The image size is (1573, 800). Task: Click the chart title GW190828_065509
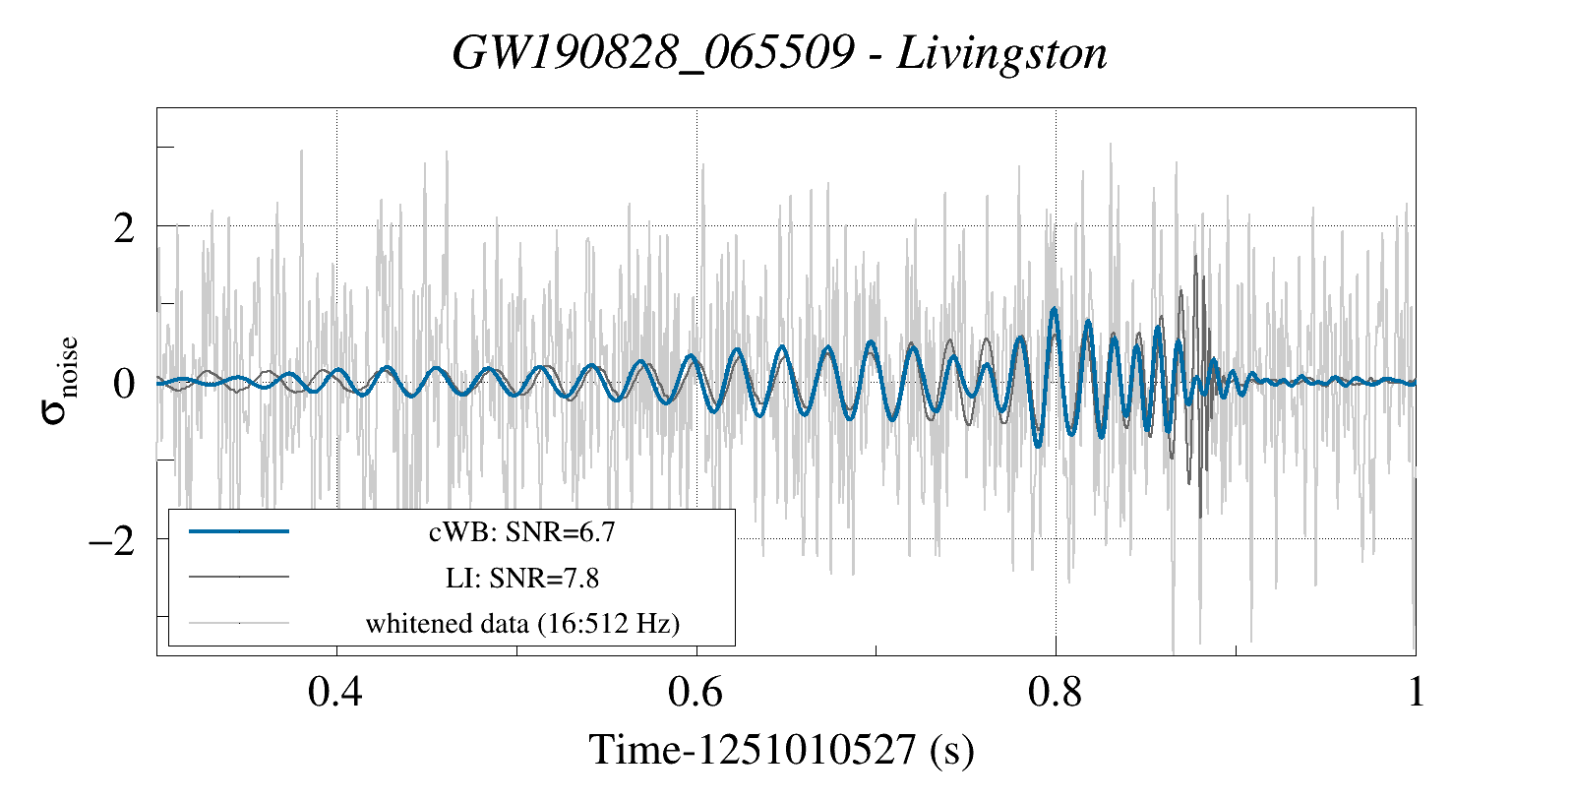pyautogui.click(x=653, y=53)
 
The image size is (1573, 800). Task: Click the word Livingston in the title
pyautogui.click(x=1001, y=53)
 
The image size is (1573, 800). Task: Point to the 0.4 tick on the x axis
pyautogui.click(x=335, y=692)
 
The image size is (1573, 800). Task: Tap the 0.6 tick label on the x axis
pyautogui.click(x=696, y=692)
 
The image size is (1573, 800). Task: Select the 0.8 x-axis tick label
pyautogui.click(x=1055, y=692)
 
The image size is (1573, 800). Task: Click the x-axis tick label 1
pyautogui.click(x=1416, y=692)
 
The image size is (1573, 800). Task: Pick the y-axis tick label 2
pyautogui.click(x=124, y=228)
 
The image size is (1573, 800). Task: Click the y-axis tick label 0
pyautogui.click(x=124, y=384)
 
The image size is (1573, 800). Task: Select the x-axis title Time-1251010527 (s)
pyautogui.click(x=782, y=750)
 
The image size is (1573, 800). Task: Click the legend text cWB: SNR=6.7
pyautogui.click(x=521, y=532)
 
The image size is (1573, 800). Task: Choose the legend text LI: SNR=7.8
pyautogui.click(x=521, y=578)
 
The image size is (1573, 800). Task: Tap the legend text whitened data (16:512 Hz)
pyautogui.click(x=521, y=623)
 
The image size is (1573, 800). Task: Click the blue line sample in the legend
pyautogui.click(x=239, y=531)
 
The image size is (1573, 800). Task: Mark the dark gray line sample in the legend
pyautogui.click(x=239, y=577)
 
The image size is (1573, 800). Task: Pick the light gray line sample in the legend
pyautogui.click(x=239, y=622)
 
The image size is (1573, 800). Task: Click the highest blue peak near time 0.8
pyautogui.click(x=1055, y=309)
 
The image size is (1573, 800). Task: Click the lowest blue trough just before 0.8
pyautogui.click(x=1038, y=446)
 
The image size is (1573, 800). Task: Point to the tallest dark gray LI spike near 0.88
pyautogui.click(x=1195, y=257)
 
